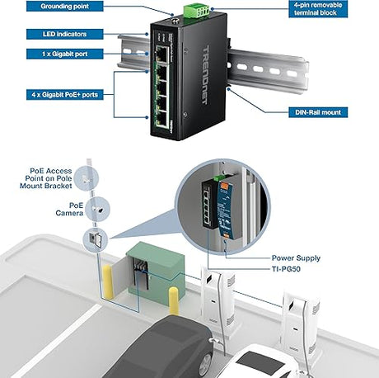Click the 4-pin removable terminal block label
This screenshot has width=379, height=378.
321,8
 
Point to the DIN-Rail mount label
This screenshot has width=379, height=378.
317,112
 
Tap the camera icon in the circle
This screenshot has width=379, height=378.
96,209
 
